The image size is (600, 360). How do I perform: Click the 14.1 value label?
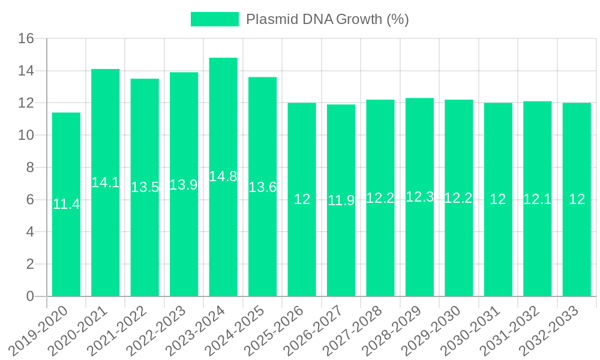tap(106, 182)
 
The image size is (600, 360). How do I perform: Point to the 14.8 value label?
tap(223, 176)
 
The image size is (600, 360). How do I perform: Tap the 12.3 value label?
tap(419, 197)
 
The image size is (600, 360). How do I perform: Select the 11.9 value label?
tap(341, 200)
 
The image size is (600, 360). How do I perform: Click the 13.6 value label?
tap(262, 187)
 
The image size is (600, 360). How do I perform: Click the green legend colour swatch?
tap(214, 19)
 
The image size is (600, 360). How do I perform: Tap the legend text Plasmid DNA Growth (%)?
tap(328, 19)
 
